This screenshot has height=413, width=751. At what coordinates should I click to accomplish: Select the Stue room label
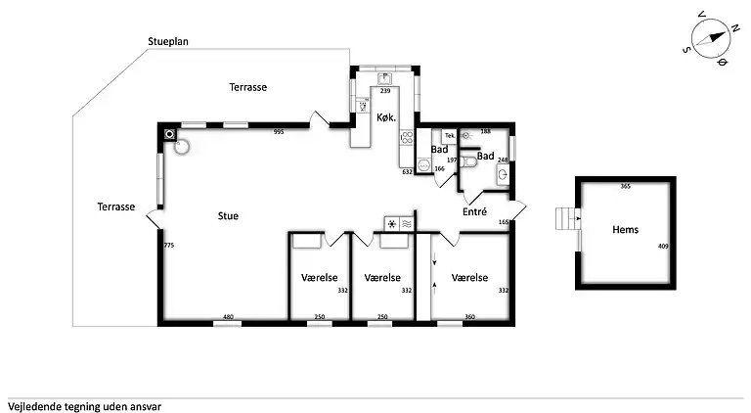228,215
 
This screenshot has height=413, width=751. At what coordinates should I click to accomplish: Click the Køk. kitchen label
385,117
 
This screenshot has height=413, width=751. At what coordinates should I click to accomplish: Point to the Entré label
475,211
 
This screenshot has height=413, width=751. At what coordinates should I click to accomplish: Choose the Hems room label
625,230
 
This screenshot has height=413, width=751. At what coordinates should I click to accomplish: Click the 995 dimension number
279,131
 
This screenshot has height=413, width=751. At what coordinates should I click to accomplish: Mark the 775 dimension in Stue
169,245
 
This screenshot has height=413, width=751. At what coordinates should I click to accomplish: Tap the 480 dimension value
228,316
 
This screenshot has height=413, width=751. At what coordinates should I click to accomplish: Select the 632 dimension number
408,171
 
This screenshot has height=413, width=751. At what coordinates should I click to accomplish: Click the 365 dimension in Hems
625,185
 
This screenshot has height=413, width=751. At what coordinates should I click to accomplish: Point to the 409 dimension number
662,247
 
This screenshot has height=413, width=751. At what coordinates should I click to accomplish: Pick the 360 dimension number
469,316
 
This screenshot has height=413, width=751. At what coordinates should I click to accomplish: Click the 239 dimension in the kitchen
385,90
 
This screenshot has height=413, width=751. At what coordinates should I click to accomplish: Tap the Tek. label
449,136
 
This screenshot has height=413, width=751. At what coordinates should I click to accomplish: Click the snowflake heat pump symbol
392,224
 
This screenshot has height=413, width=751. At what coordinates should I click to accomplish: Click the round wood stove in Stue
181,148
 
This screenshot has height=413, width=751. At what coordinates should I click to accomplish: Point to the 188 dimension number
485,131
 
